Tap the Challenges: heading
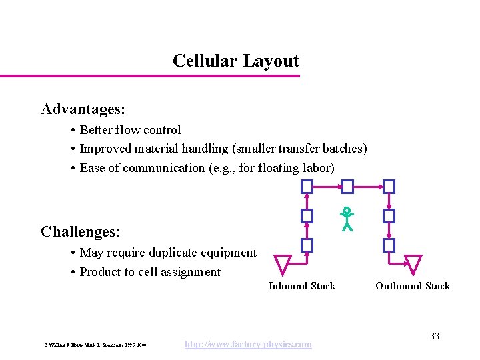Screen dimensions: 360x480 (x=80, y=232)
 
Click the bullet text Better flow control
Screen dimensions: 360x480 (x=130, y=130)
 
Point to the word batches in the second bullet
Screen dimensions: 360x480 (x=343, y=149)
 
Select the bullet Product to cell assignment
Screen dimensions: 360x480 (x=150, y=271)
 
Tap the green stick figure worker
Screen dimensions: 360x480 (x=346, y=219)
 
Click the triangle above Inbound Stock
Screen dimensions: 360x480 (x=283, y=263)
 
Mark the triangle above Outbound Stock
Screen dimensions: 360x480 (x=413, y=263)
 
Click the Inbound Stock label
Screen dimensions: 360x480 (x=302, y=286)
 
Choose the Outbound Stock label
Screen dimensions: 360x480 (x=413, y=286)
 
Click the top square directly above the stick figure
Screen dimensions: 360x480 (x=347, y=186)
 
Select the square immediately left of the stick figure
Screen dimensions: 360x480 (x=307, y=216)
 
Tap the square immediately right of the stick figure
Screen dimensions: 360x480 (x=389, y=216)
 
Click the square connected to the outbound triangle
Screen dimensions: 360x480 (x=389, y=245)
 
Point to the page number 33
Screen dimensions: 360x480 (x=434, y=336)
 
